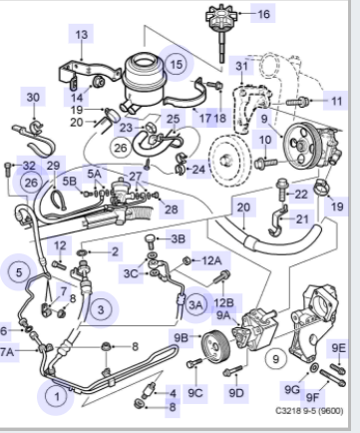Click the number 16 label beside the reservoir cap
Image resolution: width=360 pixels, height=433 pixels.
263,14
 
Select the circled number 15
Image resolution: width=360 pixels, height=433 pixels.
176,64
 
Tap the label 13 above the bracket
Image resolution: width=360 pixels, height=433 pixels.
81,34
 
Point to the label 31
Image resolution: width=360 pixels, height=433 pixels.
241,66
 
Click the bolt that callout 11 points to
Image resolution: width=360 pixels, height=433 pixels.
297,101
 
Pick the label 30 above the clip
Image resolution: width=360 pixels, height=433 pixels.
33,98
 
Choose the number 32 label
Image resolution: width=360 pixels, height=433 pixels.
29,166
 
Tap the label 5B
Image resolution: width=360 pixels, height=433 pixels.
70,181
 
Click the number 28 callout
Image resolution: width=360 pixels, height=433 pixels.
172,210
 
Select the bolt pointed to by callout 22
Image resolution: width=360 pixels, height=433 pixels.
281,190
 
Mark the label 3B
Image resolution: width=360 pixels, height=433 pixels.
178,238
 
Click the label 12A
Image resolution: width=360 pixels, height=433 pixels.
211,260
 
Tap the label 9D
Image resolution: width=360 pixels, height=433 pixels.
236,393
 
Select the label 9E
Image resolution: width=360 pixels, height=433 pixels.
338,348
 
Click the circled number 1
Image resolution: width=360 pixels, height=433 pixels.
57,396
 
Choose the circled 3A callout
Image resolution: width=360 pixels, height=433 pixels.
195,304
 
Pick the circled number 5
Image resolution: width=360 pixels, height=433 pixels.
19,272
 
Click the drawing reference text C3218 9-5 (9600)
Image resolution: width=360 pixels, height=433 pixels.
309,411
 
